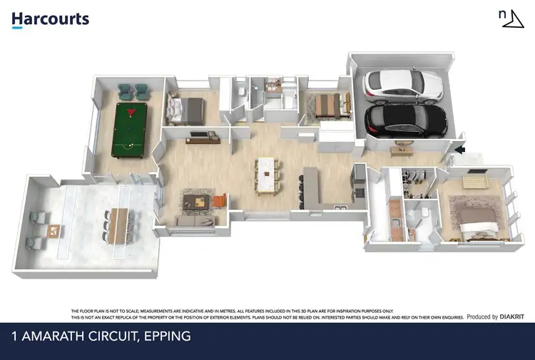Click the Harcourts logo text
[x=50, y=19]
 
